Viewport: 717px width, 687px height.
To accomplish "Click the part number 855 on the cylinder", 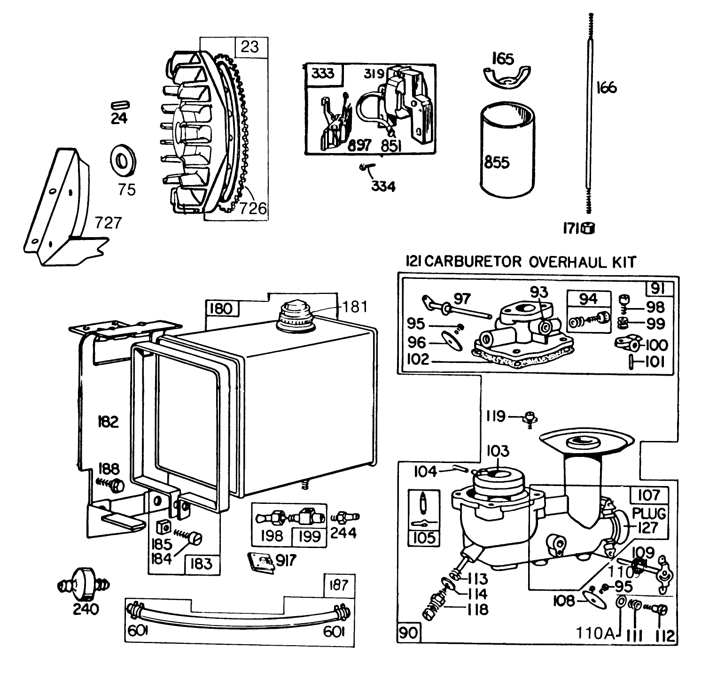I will point(497,162).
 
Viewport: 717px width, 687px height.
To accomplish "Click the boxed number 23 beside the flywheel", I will point(250,47).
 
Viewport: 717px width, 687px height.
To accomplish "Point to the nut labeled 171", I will point(588,229).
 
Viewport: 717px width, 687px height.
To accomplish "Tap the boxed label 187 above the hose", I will point(338,585).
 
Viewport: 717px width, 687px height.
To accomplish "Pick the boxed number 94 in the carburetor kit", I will point(588,299).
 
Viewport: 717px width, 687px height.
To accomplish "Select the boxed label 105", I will point(423,538).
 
